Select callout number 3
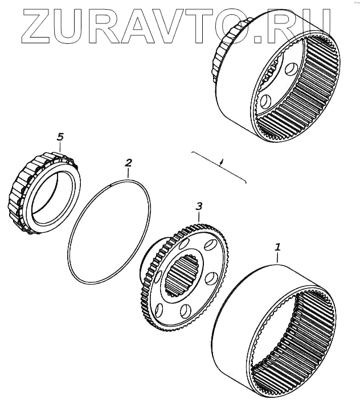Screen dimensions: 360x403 198,205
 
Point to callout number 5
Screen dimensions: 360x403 60,137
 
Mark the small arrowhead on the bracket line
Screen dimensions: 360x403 222,162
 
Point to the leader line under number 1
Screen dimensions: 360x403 277,258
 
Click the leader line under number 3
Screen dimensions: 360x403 198,216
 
